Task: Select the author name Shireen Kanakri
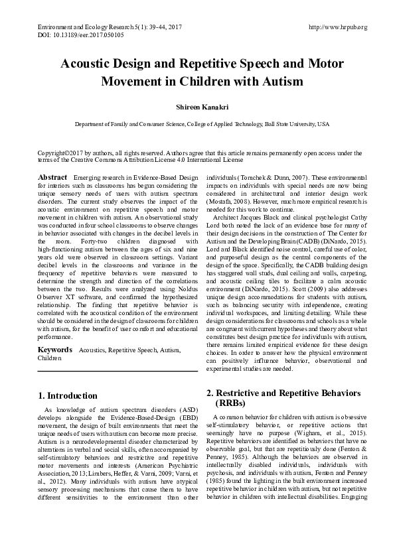click(197, 105)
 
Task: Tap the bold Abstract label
click(52, 178)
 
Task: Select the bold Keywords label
click(55, 349)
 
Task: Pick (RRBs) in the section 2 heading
click(232, 403)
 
